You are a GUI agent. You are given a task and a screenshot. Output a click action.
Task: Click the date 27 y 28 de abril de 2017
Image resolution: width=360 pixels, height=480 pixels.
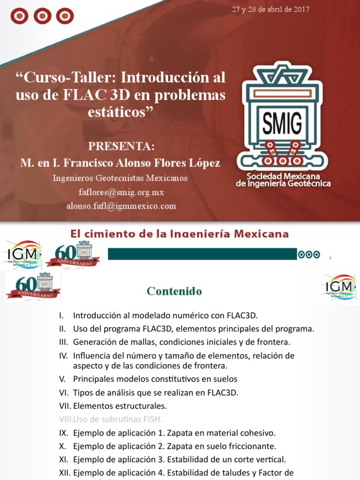270,10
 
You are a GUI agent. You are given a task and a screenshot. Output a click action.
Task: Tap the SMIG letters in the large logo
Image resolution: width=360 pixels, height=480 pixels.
282,123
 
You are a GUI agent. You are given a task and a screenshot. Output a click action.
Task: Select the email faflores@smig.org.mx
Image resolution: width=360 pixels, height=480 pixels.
121,192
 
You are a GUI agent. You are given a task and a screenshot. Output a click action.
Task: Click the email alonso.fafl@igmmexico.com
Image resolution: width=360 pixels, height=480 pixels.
121,206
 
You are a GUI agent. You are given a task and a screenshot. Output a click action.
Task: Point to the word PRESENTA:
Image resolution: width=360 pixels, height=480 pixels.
121,146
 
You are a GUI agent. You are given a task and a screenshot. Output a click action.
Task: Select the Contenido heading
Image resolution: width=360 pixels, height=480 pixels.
174,291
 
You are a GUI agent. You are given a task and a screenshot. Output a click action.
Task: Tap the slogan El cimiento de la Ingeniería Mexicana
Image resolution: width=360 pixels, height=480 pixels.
180,233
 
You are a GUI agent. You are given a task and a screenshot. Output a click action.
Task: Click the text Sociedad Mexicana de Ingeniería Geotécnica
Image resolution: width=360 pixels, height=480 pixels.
283,180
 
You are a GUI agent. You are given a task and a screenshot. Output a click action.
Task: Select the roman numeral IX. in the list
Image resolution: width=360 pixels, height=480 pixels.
64,433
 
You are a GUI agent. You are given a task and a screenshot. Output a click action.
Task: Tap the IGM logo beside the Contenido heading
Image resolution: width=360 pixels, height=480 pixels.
339,286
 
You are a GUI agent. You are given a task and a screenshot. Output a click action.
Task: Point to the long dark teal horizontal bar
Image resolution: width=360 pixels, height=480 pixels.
202,254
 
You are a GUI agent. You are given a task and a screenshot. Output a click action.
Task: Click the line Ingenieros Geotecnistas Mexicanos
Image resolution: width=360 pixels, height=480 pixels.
120,178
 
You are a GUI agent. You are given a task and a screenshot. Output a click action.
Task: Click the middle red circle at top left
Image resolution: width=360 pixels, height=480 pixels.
42,16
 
